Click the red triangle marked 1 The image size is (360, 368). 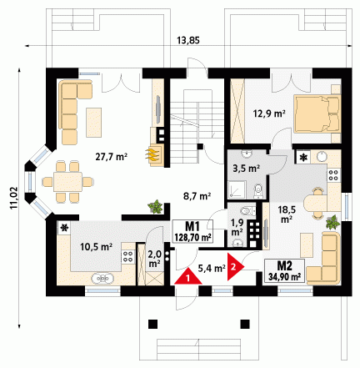[x=188, y=277]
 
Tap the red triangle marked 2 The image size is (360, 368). [x=234, y=267]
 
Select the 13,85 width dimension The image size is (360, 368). [x=188, y=40]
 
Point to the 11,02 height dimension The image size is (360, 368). [x=14, y=198]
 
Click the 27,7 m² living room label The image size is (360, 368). [x=112, y=157]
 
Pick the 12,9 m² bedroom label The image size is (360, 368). [x=269, y=113]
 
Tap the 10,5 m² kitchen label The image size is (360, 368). [x=96, y=246]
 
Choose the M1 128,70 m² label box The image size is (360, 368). [x=192, y=231]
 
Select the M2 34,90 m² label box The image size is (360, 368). [x=284, y=270]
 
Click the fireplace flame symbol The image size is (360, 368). [x=152, y=154]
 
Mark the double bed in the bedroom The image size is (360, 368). [x=317, y=113]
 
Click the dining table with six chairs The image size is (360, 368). [x=67, y=182]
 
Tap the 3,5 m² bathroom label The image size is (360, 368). [x=247, y=169]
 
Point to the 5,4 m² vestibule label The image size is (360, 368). [x=212, y=268]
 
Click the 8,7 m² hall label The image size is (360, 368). [x=197, y=196]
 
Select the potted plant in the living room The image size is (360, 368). [x=155, y=207]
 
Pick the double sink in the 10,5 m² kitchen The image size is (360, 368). [x=102, y=278]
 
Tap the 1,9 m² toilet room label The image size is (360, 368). [x=237, y=227]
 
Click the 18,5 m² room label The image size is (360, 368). [x=287, y=214]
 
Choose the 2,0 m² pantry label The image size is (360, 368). [x=154, y=258]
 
